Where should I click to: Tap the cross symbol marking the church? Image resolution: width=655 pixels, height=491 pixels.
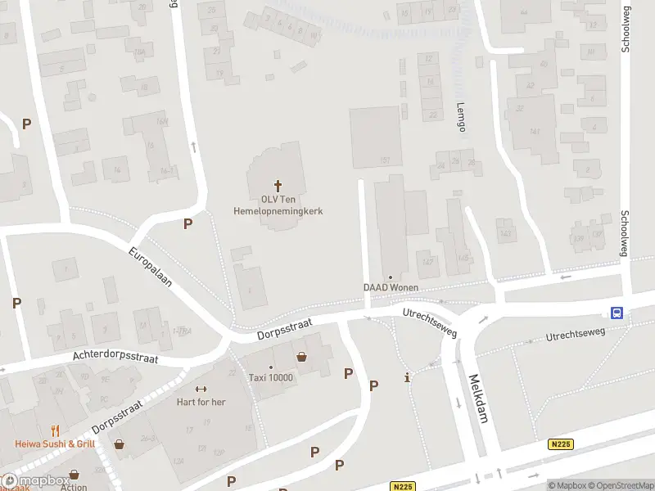click(278, 186)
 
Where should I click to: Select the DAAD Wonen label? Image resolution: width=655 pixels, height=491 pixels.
click(391, 287)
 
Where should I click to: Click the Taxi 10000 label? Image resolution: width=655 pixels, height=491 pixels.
click(270, 377)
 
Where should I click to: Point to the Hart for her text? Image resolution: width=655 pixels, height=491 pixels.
click(201, 402)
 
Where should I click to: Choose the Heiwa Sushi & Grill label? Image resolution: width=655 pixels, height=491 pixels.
click(55, 444)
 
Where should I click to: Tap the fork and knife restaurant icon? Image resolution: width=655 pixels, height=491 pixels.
click(55, 430)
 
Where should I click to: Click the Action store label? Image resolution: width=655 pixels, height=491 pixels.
click(74, 487)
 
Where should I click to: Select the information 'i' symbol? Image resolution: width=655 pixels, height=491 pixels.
click(408, 377)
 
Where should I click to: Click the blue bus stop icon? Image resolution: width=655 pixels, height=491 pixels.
click(617, 312)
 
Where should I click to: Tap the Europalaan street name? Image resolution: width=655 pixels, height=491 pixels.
click(150, 267)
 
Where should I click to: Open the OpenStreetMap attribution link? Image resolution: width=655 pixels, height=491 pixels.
click(621, 485)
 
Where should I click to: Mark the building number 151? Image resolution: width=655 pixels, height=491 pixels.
click(385, 160)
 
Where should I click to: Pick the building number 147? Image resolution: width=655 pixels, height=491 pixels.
click(427, 262)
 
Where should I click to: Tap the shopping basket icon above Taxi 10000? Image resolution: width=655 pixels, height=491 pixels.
click(303, 357)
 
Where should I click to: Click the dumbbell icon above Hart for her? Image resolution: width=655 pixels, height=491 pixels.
click(201, 389)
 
